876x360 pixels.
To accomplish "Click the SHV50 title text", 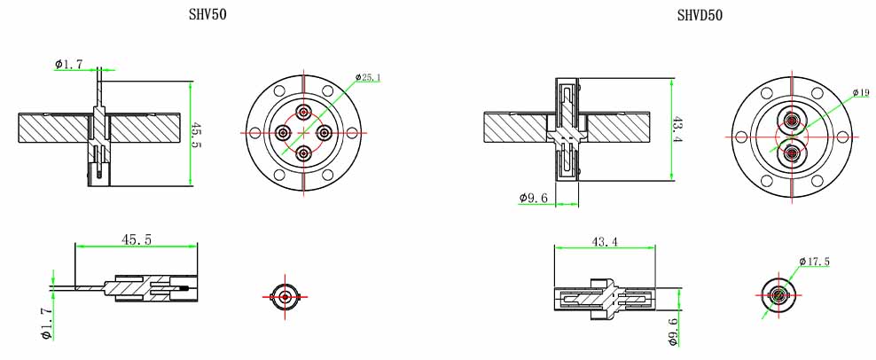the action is (x=207, y=14).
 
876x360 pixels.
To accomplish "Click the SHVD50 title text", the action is (x=700, y=16).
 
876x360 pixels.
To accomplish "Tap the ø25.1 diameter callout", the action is (x=369, y=77).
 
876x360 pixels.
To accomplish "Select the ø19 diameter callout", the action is (x=862, y=92).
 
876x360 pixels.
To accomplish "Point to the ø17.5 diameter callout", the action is (x=815, y=261).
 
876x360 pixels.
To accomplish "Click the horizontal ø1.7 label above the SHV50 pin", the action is (x=69, y=64).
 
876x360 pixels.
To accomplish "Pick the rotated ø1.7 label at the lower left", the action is (x=46, y=324).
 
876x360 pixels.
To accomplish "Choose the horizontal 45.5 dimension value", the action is (x=137, y=239).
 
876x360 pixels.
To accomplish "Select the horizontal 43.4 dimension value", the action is (x=605, y=242).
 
